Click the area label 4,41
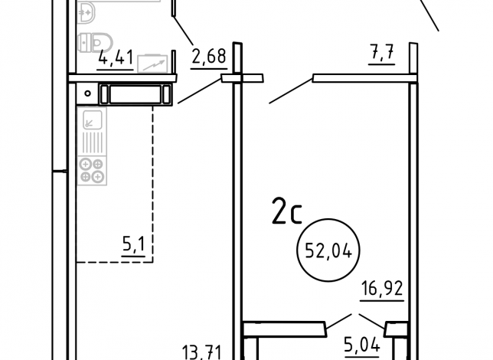116,57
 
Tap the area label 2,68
209,56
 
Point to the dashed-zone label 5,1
134,244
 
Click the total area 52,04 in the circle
328,250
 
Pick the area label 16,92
382,289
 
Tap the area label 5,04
362,345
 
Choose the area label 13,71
202,352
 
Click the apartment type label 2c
287,211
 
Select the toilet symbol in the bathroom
95,42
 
